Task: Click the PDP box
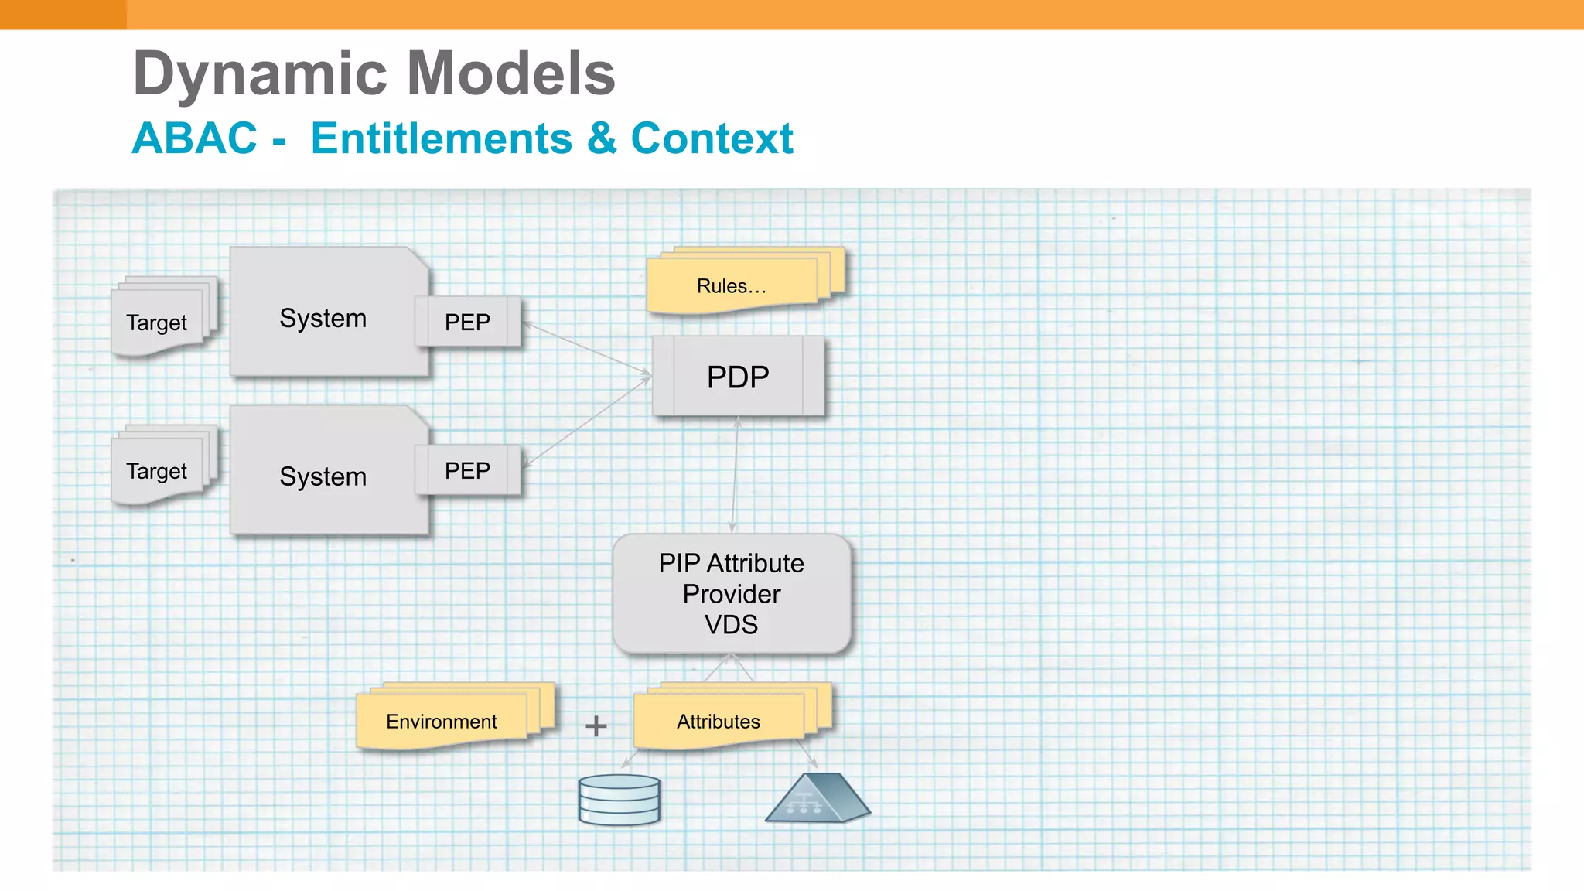click(x=738, y=377)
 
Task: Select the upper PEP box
click(x=467, y=322)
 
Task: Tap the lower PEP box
click(x=467, y=470)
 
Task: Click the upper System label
click(x=323, y=318)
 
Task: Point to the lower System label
click(x=323, y=476)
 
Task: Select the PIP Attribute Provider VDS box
click(x=732, y=593)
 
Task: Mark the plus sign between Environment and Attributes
click(x=596, y=725)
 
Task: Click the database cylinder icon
click(x=619, y=800)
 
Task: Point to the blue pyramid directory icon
click(x=817, y=799)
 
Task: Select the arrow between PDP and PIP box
click(x=735, y=474)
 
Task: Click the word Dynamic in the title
click(x=261, y=74)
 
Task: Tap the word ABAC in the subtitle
click(x=194, y=138)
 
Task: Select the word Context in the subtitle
click(x=712, y=138)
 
